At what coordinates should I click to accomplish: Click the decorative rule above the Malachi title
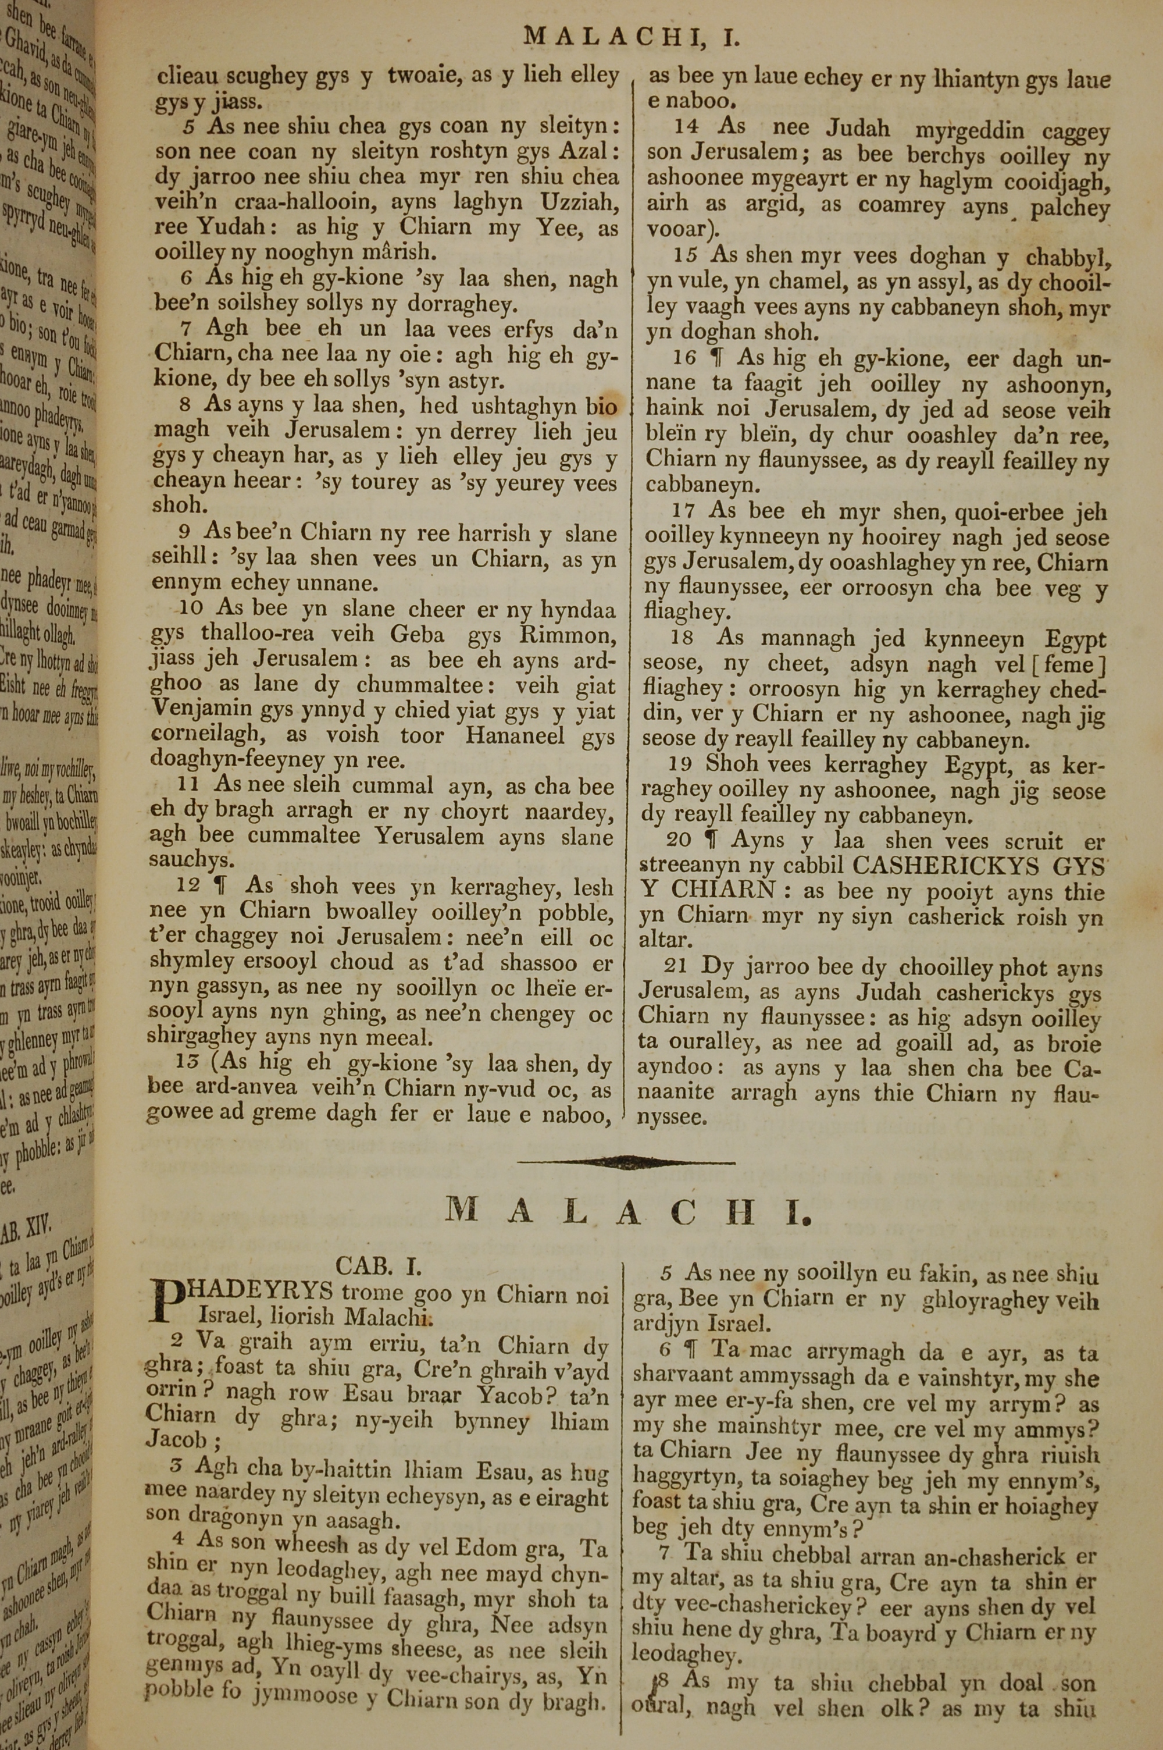(626, 1162)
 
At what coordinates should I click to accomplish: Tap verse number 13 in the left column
(188, 1065)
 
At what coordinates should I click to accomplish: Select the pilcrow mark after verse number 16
(716, 358)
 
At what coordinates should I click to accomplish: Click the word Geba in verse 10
(420, 634)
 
